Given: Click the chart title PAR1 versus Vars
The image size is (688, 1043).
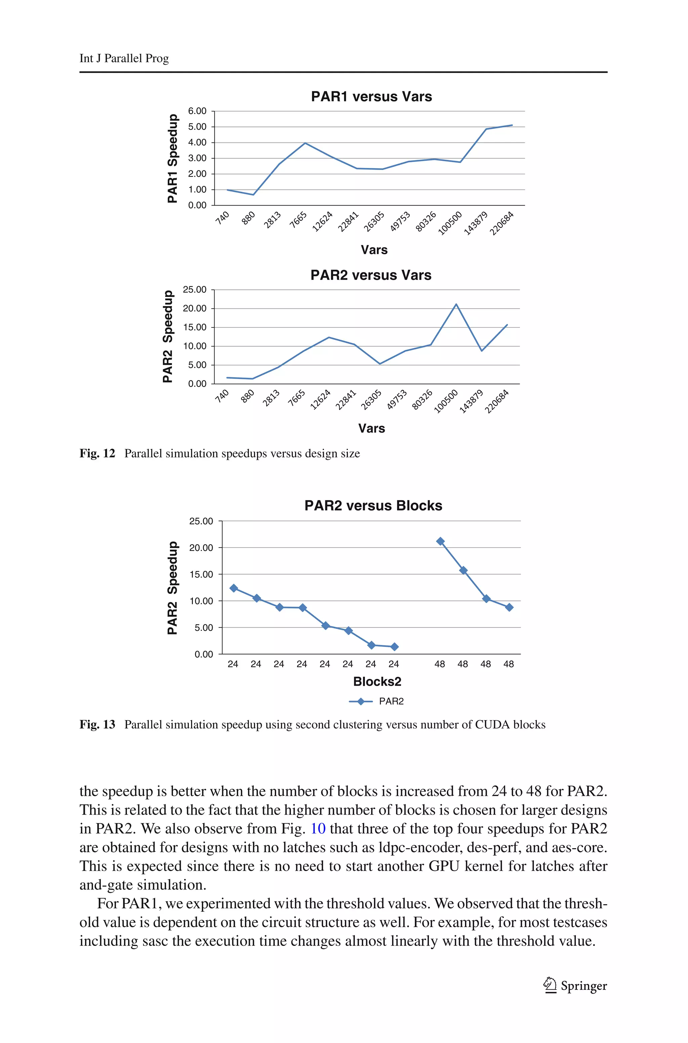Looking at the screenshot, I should click(x=371, y=96).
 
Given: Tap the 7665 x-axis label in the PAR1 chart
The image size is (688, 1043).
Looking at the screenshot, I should click(x=298, y=220).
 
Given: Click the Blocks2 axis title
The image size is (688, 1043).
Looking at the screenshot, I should click(x=377, y=681).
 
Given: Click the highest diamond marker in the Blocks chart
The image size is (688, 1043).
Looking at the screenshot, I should click(x=440, y=541).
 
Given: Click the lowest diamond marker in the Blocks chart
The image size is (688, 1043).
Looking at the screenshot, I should click(x=394, y=647).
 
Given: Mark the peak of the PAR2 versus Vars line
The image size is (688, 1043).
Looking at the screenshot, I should click(x=456, y=304).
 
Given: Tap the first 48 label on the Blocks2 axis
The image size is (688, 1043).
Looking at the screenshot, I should click(x=440, y=664).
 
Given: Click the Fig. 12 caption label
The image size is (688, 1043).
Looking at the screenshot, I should click(x=97, y=453).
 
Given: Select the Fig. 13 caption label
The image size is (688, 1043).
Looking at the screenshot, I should click(x=97, y=725).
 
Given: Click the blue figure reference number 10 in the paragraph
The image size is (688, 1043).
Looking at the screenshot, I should click(x=318, y=829).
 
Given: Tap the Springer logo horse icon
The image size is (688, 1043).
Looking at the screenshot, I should click(x=549, y=985).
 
